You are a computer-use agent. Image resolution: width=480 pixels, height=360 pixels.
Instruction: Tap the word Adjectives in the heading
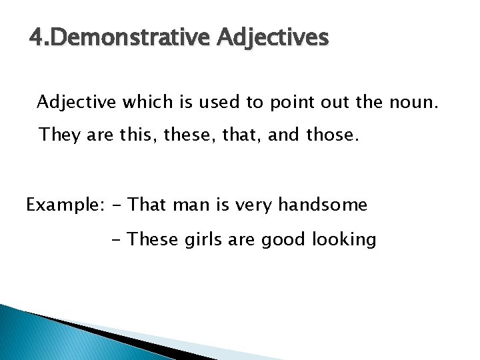pyautogui.click(x=273, y=39)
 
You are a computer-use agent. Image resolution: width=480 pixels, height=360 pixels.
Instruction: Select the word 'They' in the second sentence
pyautogui.click(x=59, y=135)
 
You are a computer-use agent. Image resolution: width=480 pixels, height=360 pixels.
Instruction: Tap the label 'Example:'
pyautogui.click(x=63, y=205)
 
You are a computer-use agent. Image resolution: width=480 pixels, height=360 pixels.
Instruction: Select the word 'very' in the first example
pyautogui.click(x=254, y=205)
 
